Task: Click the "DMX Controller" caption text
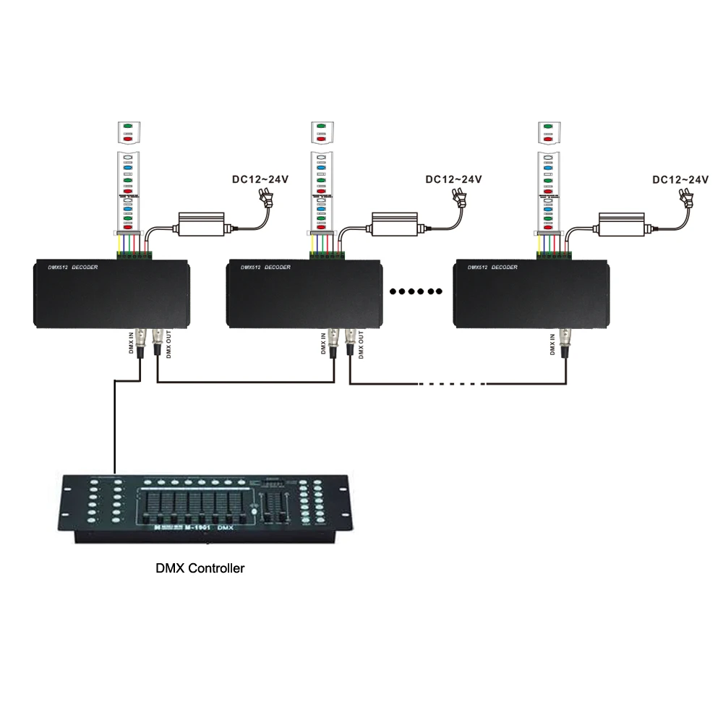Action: tap(200, 568)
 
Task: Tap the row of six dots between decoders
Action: tap(415, 291)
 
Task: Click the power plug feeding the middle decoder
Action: tap(459, 196)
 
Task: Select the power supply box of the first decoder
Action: tap(202, 225)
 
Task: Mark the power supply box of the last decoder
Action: tap(621, 225)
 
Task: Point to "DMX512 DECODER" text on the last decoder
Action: tap(493, 268)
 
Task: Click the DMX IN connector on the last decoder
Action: tap(567, 341)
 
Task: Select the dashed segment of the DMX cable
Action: tap(452, 384)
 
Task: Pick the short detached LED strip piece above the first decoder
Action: tap(129, 132)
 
